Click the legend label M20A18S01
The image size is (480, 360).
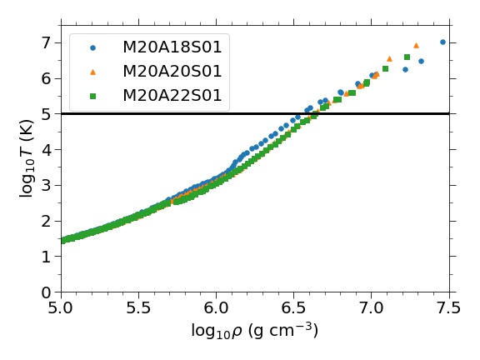(172, 47)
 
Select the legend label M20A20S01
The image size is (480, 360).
(172, 72)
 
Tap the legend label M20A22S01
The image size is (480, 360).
(172, 96)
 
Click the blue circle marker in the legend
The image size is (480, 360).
(93, 47)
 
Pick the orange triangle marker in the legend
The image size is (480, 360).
(93, 72)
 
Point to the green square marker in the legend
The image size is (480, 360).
(93, 96)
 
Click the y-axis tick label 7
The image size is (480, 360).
(46, 42)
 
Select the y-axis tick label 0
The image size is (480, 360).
(46, 292)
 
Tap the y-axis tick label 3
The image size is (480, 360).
(46, 186)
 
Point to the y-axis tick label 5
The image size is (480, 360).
(46, 114)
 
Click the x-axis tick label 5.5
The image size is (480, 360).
(138, 307)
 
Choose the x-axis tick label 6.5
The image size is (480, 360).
(293, 307)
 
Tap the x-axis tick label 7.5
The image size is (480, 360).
(449, 307)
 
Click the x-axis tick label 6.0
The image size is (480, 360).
(216, 307)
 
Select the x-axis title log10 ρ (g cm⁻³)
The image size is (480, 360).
(255, 331)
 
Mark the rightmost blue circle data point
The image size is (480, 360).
(442, 42)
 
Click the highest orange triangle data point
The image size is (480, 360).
(416, 46)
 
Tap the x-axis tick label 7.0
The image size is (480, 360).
(372, 307)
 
